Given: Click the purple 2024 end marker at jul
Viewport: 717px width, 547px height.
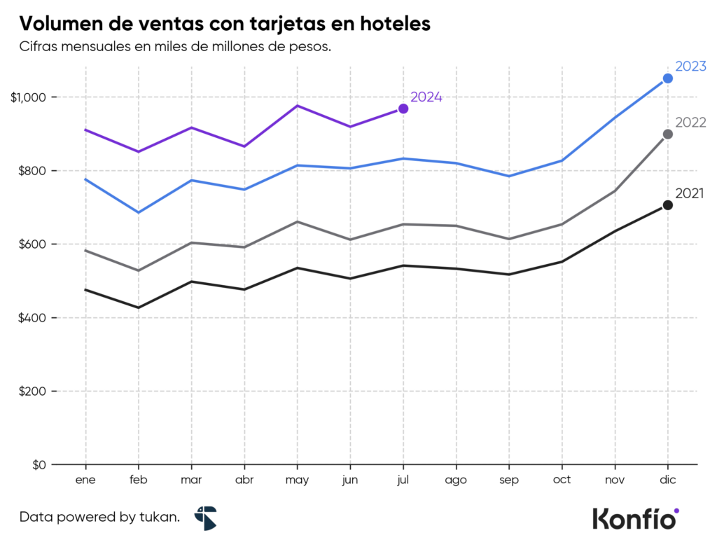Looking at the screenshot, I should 403,109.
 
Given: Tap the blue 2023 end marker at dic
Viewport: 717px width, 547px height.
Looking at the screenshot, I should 668,78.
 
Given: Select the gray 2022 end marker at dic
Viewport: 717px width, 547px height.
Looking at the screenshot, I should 668,134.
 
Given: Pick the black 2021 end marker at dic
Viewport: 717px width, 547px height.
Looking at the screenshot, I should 668,205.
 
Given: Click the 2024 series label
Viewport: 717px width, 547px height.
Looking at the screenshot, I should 426,97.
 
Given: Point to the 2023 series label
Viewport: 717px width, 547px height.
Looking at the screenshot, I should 690,67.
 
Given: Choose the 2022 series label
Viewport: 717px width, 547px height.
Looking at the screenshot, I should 690,123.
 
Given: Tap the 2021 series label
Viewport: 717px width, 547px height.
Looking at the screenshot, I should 690,194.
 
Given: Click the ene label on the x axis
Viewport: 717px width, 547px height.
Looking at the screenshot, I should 85,480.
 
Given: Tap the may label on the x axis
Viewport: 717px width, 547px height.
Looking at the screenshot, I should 297,480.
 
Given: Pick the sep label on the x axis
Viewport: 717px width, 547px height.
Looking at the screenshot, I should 509,480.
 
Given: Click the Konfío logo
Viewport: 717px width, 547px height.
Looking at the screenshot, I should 635,518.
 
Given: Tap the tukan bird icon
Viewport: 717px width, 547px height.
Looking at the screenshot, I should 206,518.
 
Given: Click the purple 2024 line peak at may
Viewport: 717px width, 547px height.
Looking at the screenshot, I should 298,106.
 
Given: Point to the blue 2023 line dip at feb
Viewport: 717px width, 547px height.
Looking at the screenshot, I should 139,212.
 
